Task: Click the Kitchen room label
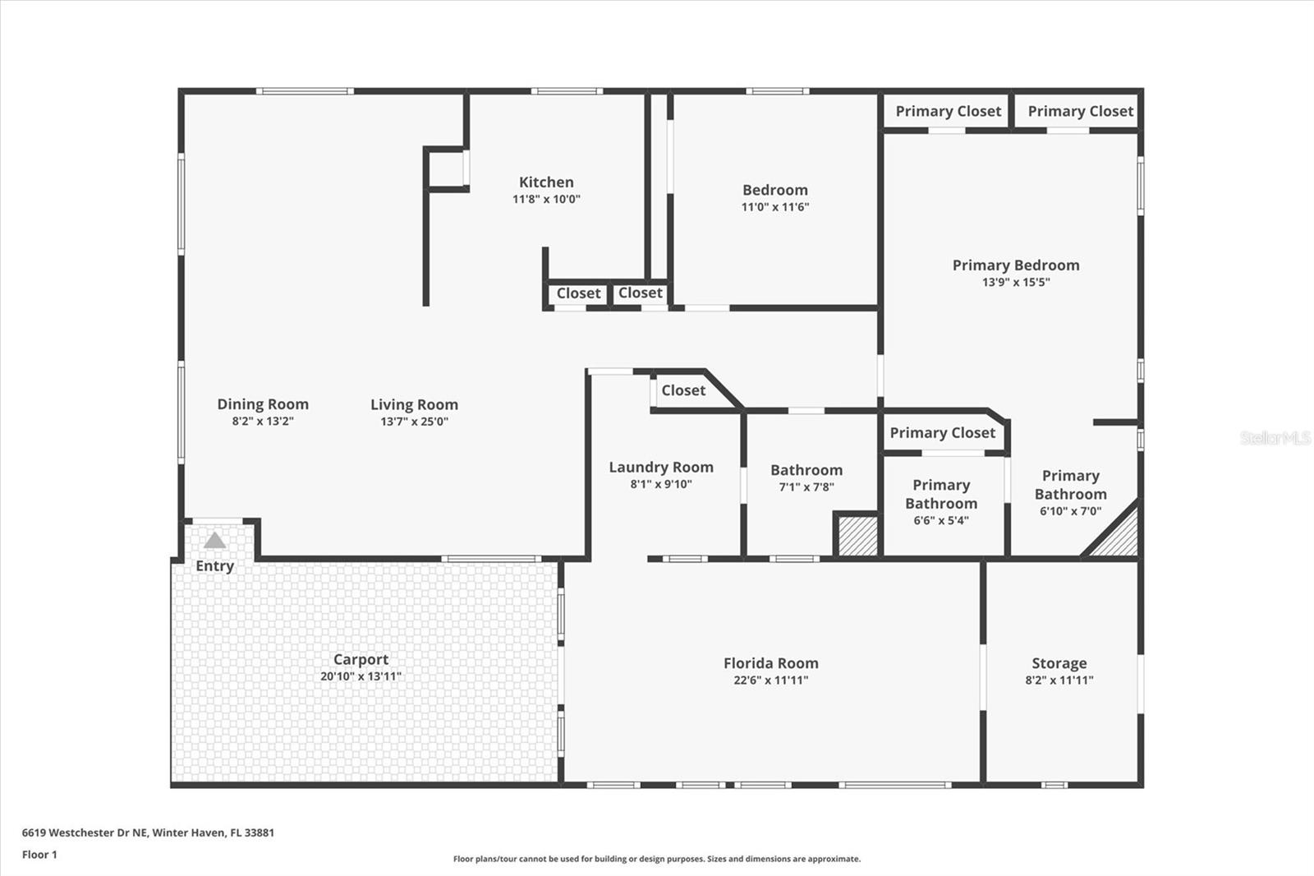[x=546, y=182]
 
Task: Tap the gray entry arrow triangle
[x=214, y=541]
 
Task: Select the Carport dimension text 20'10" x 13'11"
[x=361, y=676]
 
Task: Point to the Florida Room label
[x=770, y=663]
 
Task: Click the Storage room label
[x=1059, y=663]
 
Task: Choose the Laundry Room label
[x=660, y=467]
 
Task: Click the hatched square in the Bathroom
[x=857, y=535]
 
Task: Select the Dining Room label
[x=263, y=404]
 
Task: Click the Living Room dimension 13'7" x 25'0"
[x=414, y=422]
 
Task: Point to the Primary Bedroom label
[x=1015, y=265]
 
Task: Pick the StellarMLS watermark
[x=1275, y=438]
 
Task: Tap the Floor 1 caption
[x=39, y=855]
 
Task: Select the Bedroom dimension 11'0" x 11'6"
[x=774, y=207]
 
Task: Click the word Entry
[x=214, y=566]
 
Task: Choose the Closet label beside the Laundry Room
[x=683, y=390]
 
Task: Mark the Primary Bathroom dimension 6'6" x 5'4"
[x=941, y=520]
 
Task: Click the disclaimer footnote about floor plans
[x=656, y=859]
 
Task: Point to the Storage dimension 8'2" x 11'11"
[x=1059, y=680]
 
